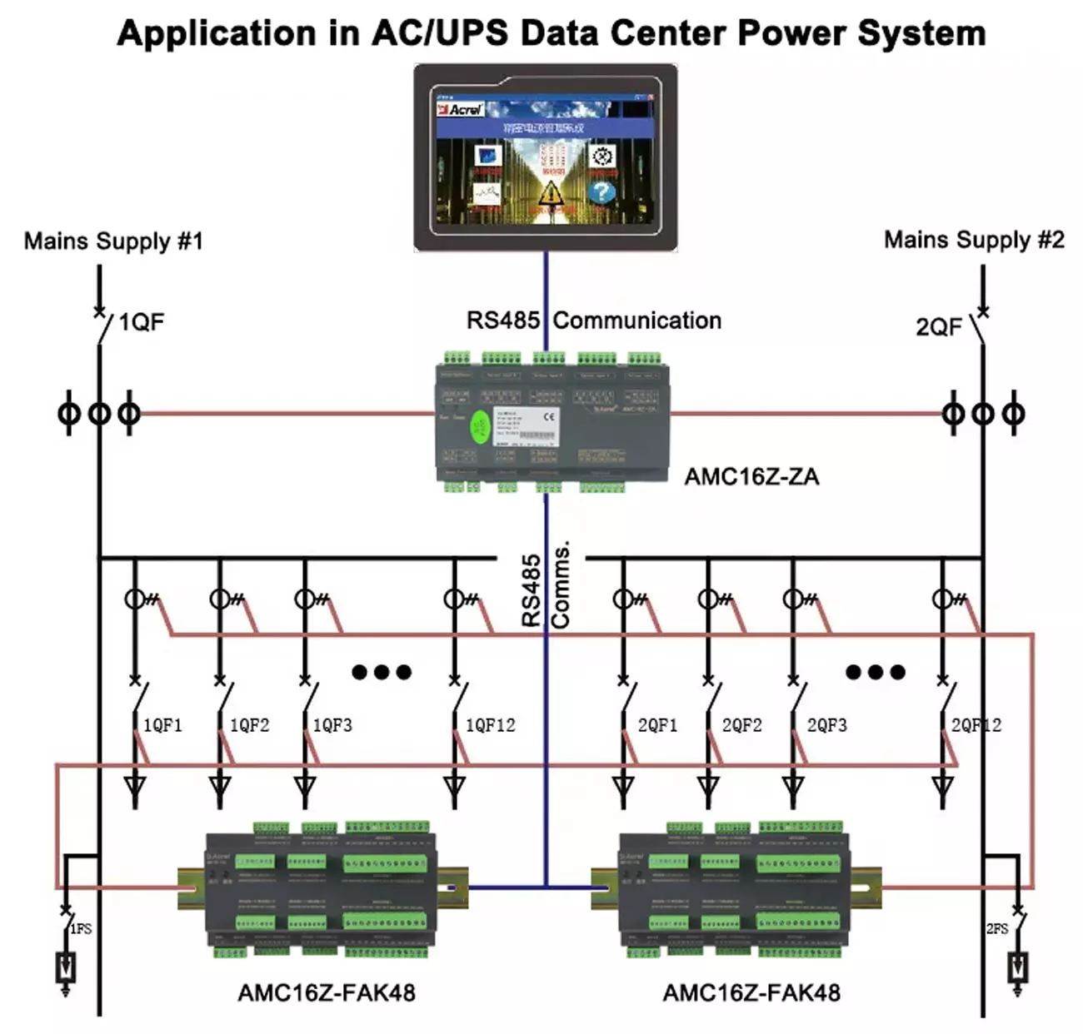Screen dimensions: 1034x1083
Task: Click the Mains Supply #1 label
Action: pos(113,241)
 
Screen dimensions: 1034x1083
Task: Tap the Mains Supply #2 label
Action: pos(973,240)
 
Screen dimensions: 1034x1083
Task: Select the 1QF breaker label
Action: pos(141,322)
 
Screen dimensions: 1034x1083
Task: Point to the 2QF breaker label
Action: pos(939,326)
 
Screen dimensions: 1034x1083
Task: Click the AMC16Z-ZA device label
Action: pos(751,477)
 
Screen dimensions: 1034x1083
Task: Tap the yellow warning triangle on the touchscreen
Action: pos(549,194)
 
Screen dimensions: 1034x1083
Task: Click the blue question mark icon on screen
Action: pos(601,191)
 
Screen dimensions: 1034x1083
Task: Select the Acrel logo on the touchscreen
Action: pos(461,109)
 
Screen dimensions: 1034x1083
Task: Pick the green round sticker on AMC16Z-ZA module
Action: pos(480,428)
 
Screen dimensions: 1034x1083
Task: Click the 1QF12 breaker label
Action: pos(490,726)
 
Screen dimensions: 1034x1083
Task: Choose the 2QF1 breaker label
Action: pos(657,726)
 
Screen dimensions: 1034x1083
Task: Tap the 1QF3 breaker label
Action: pos(332,726)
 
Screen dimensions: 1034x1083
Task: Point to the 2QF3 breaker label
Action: pos(826,726)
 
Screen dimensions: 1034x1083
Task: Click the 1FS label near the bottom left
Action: pos(81,928)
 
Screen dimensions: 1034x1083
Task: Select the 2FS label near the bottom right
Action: pos(997,928)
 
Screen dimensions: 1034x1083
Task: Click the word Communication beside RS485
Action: pos(637,321)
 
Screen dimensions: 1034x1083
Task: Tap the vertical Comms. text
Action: pos(561,584)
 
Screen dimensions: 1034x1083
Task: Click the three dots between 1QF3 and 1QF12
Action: pos(382,672)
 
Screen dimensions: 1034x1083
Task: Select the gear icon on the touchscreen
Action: pos(602,156)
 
